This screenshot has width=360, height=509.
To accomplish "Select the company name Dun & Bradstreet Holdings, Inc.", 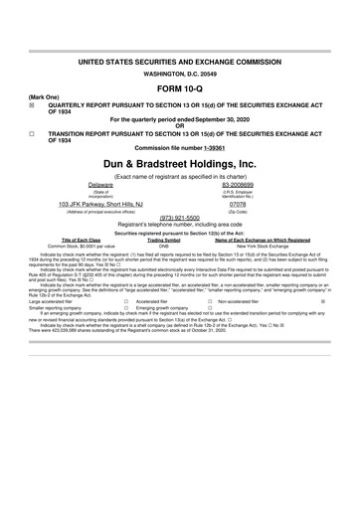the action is pyautogui.click(x=180, y=162).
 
